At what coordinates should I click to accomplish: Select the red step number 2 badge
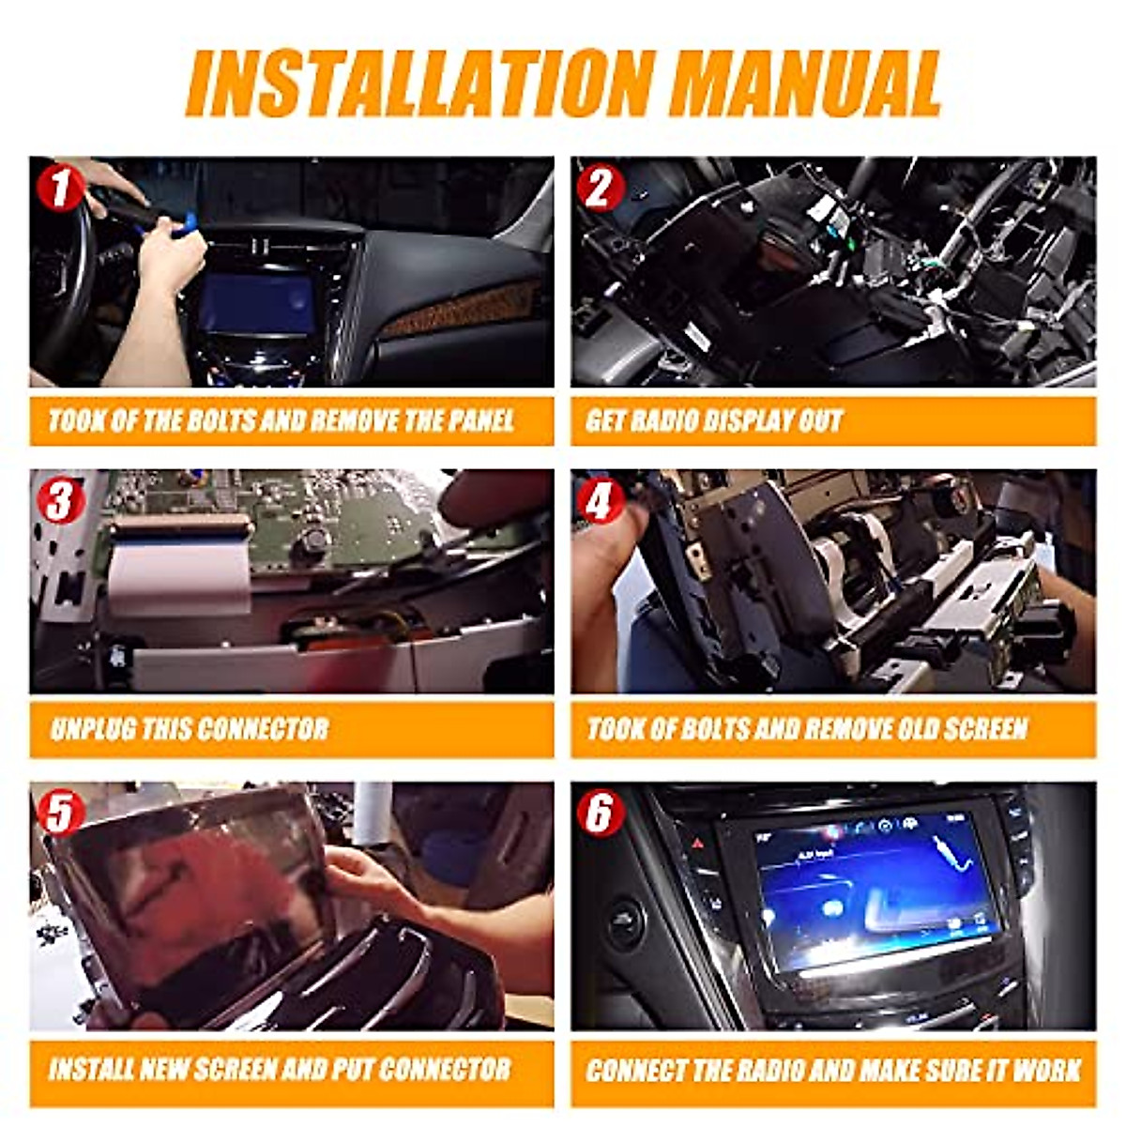[601, 189]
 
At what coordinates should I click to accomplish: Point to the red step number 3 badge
[59, 501]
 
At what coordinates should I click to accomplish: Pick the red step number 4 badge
[601, 501]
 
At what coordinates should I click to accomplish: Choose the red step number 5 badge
[59, 813]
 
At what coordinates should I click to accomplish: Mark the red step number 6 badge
[601, 813]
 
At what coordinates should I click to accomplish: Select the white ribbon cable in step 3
[178, 572]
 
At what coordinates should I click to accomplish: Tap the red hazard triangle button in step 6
[698, 844]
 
